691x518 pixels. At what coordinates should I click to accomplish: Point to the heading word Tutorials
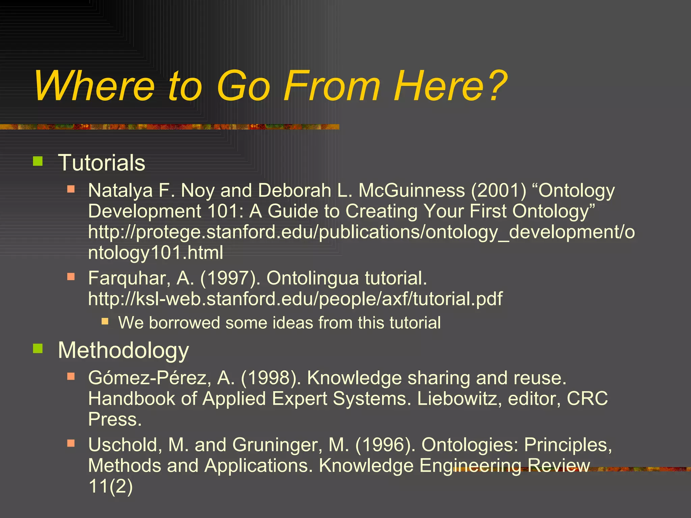click(x=102, y=163)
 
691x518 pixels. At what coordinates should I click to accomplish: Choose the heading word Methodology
click(x=123, y=351)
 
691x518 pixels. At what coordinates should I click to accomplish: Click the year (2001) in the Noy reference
click(x=498, y=191)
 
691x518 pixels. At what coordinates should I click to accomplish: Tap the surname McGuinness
click(x=412, y=191)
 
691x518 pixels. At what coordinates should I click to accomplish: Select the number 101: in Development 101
click(x=225, y=211)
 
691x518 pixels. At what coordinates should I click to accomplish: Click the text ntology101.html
click(x=156, y=253)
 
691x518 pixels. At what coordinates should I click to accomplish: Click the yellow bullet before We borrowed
click(x=105, y=321)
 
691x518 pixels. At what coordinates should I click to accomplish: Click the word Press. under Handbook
click(x=115, y=420)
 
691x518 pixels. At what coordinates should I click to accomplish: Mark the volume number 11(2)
click(x=110, y=486)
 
